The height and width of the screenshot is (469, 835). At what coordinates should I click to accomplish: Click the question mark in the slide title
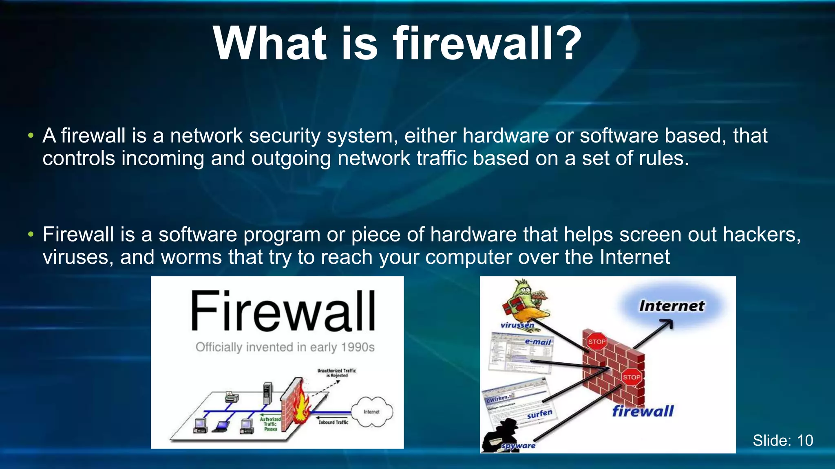click(x=565, y=43)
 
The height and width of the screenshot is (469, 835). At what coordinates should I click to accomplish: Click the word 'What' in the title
click(x=269, y=43)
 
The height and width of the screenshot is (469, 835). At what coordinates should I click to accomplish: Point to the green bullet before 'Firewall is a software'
click(x=31, y=234)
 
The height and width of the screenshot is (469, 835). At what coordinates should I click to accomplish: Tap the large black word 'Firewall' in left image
click(x=283, y=311)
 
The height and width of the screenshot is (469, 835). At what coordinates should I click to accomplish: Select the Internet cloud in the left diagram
click(x=372, y=412)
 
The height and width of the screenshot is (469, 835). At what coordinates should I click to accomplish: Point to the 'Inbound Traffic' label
click(x=334, y=422)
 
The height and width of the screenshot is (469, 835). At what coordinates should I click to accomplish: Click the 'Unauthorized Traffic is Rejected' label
click(x=337, y=373)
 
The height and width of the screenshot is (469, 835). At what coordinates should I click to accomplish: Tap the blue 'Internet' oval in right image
click(x=672, y=306)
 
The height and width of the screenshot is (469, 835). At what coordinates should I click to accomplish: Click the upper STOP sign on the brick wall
click(x=596, y=342)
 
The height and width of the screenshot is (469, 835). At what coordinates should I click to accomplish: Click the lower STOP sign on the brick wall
click(x=631, y=377)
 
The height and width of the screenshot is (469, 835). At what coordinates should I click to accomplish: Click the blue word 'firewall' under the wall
click(x=643, y=411)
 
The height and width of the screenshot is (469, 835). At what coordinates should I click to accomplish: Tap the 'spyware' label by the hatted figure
click(x=518, y=446)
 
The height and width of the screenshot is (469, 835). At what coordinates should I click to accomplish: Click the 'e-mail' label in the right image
click(x=538, y=342)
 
